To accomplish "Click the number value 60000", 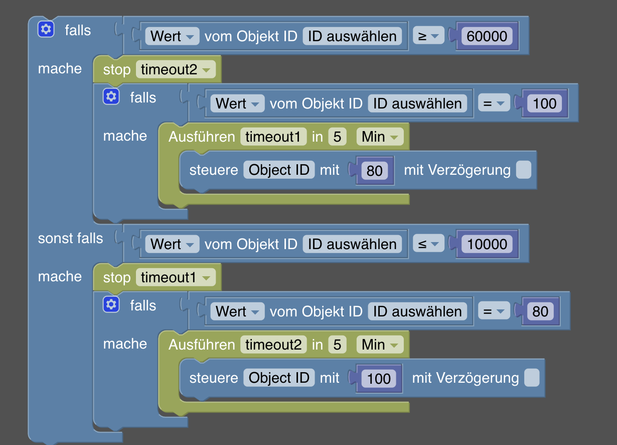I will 487,36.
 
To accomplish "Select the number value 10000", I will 487,244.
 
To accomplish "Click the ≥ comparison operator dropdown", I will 428,36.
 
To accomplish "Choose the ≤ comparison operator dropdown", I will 428,244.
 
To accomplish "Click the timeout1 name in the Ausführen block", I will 273,137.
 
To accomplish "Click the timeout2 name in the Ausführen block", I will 273,345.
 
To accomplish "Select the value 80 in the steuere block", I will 374,171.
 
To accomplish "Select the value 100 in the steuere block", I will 379,378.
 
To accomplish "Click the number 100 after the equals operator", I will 544,103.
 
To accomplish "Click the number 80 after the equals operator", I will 540,311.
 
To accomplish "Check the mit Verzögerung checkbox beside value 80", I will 523,170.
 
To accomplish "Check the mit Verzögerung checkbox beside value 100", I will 532,378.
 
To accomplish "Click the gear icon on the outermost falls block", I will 46,29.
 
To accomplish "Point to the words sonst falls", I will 70,238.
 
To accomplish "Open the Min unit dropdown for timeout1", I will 380,137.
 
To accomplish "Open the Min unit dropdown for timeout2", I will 380,345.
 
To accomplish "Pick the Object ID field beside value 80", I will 279,170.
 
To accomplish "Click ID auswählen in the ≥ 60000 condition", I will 352,36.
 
